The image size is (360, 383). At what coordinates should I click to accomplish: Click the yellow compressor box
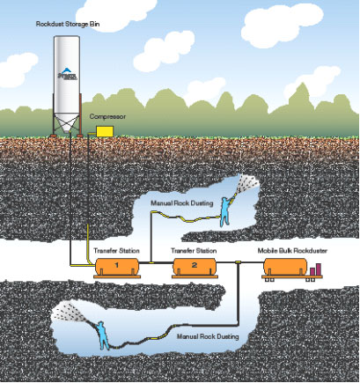point(105,131)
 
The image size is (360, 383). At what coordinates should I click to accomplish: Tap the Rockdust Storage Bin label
point(68,24)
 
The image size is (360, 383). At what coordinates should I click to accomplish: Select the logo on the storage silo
point(67,75)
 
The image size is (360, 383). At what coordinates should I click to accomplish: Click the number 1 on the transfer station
point(116,265)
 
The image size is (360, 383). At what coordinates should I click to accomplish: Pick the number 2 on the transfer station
point(195,265)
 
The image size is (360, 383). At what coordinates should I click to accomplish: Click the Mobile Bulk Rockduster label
point(292,251)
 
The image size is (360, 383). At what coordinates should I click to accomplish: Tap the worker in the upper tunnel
point(226,211)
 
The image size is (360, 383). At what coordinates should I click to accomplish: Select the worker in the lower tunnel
point(102,335)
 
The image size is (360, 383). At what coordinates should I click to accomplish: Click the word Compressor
point(107,116)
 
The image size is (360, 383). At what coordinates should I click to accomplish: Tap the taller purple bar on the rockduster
point(318,269)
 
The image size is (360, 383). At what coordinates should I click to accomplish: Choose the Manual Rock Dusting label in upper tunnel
point(182,203)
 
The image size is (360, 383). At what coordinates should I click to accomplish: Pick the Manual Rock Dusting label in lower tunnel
point(208,336)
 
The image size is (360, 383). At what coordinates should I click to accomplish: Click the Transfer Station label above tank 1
point(116,251)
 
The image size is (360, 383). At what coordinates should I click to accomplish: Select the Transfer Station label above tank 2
point(194,251)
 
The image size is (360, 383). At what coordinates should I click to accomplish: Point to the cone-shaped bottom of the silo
point(67,122)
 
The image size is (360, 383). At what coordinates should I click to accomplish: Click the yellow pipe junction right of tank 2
point(239,261)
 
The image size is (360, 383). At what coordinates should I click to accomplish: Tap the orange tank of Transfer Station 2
point(195,267)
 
